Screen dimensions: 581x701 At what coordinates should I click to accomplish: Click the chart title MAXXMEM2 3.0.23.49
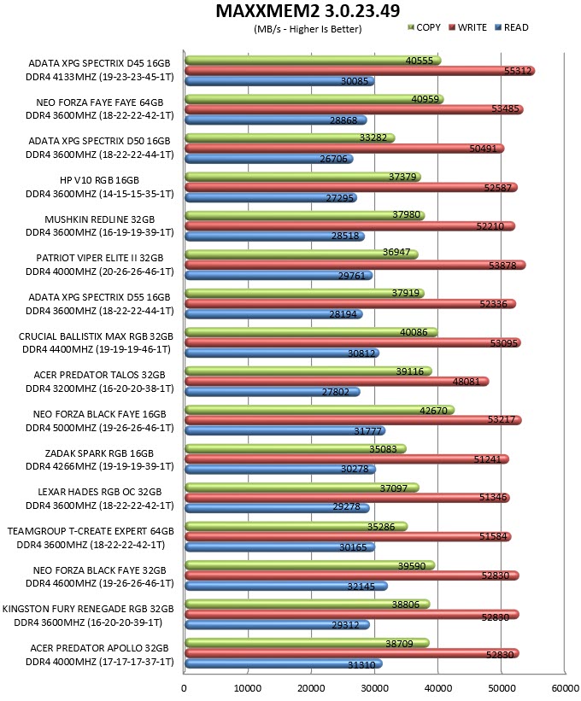(308, 11)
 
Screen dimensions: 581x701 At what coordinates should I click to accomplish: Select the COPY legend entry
(424, 27)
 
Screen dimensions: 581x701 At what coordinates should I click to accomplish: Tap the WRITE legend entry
(467, 27)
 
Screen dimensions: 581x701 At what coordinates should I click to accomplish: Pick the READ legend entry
(512, 27)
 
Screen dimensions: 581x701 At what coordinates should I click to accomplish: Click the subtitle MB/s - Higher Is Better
(308, 30)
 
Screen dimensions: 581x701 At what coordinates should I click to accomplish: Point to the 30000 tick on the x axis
(374, 688)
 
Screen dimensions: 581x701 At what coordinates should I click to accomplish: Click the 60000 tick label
(566, 688)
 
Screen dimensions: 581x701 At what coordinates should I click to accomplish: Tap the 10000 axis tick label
(247, 688)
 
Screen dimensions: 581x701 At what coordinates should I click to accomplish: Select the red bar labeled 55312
(360, 71)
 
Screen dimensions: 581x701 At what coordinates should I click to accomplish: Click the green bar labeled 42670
(320, 410)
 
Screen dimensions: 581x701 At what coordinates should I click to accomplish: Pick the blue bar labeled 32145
(286, 586)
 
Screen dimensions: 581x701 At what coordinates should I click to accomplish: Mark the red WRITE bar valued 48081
(337, 382)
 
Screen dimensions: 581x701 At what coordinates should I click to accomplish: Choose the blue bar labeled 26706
(269, 159)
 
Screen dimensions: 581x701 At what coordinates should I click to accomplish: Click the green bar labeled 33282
(290, 137)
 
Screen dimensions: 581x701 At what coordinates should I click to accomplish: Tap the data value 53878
(502, 266)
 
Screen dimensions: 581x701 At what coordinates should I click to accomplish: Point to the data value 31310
(361, 665)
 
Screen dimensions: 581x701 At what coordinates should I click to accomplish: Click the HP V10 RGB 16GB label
(99, 180)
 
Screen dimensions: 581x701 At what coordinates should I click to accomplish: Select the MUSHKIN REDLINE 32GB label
(99, 219)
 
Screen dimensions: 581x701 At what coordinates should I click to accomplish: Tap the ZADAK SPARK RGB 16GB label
(99, 453)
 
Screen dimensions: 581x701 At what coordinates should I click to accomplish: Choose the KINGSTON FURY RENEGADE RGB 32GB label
(88, 609)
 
